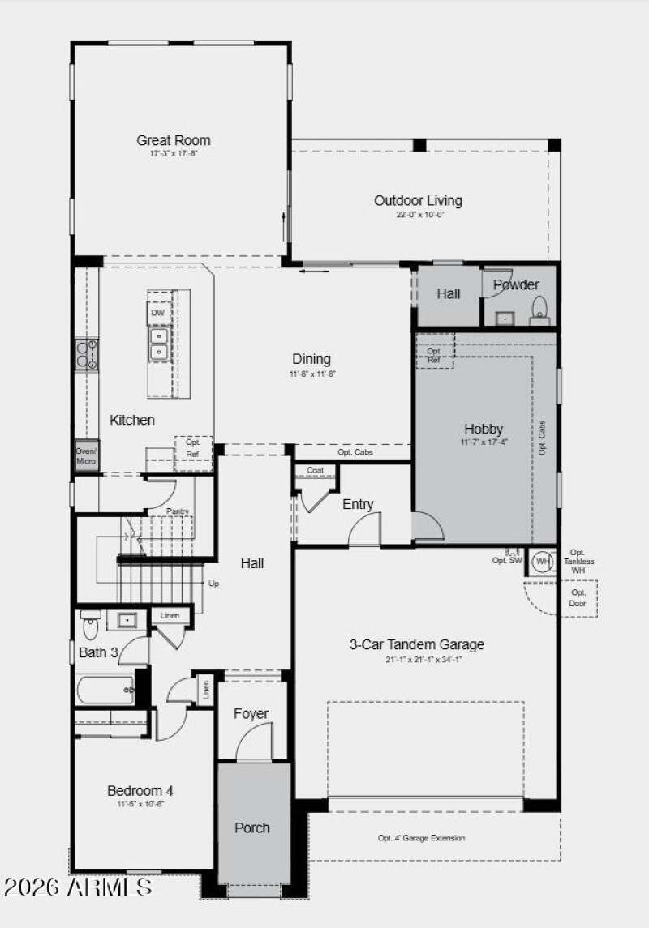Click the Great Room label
173,140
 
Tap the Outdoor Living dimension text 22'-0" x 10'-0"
419,215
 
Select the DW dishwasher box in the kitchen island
157,312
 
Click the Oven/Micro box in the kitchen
86,456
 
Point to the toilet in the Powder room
539,310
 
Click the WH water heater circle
542,560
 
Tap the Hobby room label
484,429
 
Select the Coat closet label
315,471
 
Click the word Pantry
178,511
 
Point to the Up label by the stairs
214,584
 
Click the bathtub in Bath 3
105,690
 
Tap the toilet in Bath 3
90,625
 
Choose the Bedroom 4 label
140,790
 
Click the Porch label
252,828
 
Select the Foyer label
251,713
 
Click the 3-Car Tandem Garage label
416,644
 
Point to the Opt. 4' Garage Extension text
421,838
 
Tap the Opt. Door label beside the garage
578,598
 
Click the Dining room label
312,359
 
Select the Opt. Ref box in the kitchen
192,448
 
